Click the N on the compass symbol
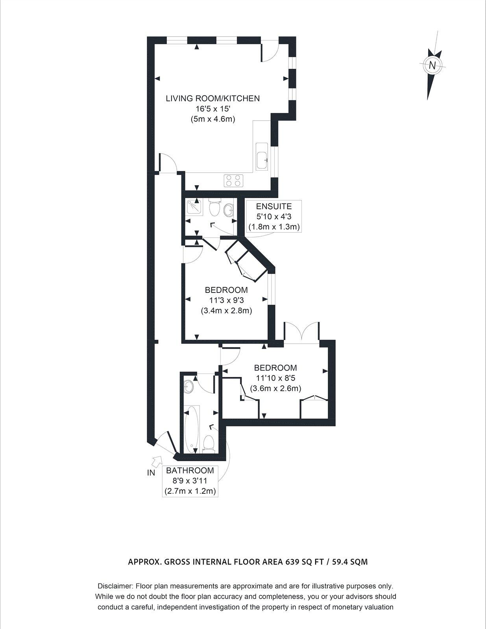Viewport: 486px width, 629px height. (x=432, y=65)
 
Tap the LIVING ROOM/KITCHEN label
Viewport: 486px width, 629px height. (x=213, y=98)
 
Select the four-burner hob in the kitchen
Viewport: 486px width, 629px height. (x=233, y=180)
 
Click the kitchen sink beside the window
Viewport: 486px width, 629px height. (x=262, y=157)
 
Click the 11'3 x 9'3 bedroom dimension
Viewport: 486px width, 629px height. (x=226, y=300)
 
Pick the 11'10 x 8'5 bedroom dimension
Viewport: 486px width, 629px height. (x=275, y=378)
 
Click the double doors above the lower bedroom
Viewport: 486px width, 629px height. (x=301, y=333)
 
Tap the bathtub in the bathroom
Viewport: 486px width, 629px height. (x=192, y=430)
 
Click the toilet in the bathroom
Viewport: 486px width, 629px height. (x=209, y=443)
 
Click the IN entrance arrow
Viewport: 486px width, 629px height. (x=157, y=461)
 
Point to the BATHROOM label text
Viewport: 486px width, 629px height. (x=190, y=471)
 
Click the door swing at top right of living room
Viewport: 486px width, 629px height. (x=271, y=51)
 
